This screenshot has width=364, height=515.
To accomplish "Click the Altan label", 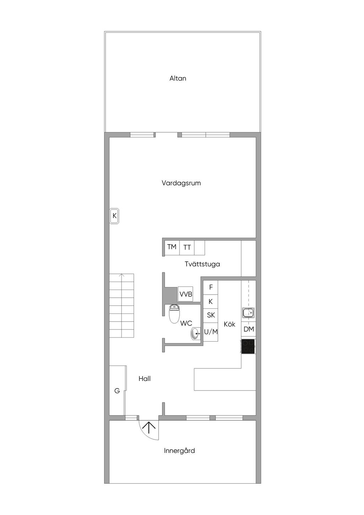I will pos(178,79).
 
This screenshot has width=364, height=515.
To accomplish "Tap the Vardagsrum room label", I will pos(181,183).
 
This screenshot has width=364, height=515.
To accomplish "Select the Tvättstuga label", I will pos(202,264).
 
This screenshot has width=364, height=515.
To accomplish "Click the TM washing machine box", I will pos(172,247).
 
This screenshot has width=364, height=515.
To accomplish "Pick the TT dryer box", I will pos(187,247).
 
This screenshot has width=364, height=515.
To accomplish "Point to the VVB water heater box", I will pos(186,294).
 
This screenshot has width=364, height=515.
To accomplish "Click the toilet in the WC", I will pos(174,314).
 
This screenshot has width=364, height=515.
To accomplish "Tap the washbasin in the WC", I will pos(195,333).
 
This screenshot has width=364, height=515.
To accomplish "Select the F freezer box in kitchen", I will pos(211,287).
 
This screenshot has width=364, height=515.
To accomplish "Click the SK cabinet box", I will pos(211,315).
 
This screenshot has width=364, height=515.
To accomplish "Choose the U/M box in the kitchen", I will pos(211,332).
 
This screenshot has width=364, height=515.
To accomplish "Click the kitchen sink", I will pos(248,313).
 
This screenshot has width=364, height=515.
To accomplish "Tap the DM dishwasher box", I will pos(249,329).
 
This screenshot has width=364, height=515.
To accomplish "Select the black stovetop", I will pos(248,346).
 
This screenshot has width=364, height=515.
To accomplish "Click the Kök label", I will pos(230,324).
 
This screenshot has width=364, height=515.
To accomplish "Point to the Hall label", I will pos(145,379).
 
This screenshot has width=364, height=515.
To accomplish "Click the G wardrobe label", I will pos(117,391).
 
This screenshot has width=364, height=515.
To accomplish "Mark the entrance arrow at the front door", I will pos(149,427).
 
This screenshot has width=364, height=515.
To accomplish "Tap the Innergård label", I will pos(180,451).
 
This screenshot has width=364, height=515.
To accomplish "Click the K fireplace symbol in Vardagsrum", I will pos(114,216).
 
